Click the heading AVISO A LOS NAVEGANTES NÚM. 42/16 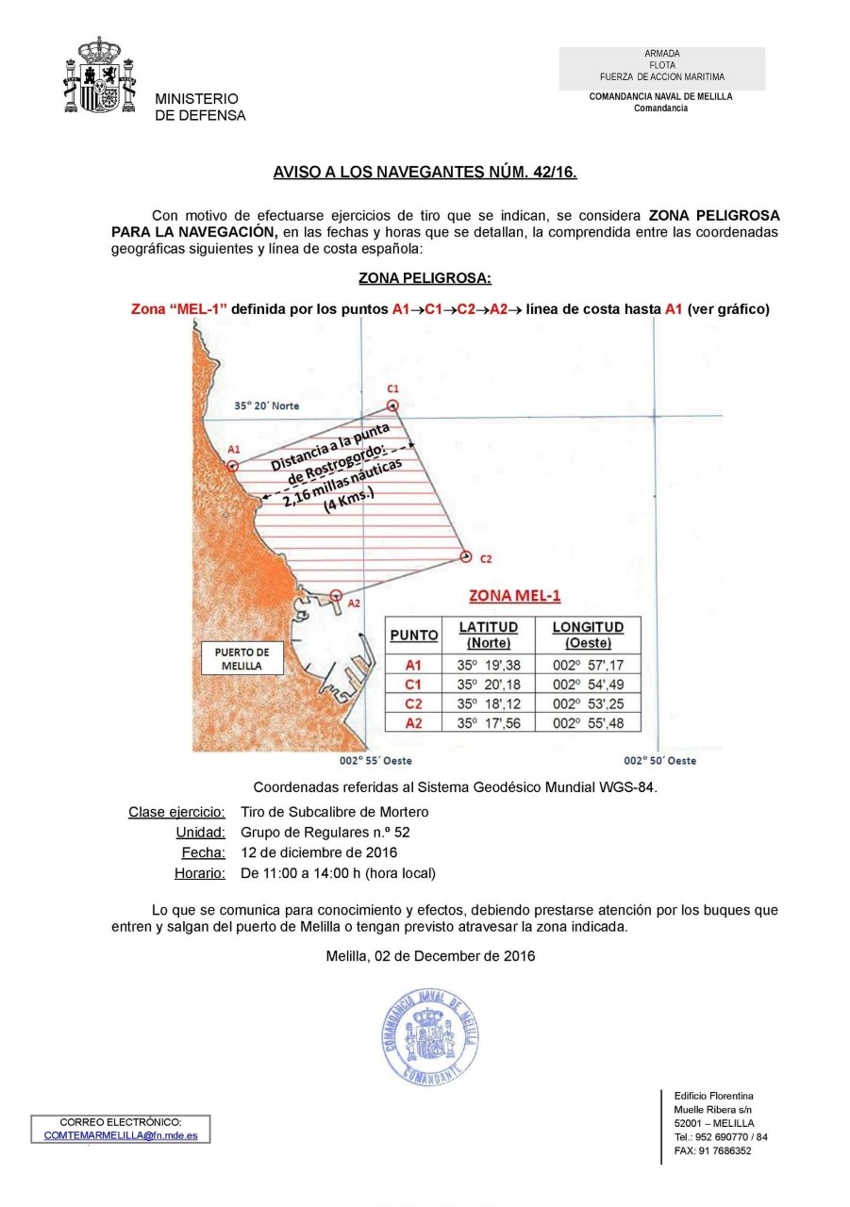(x=425, y=174)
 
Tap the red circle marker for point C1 (x=393, y=406)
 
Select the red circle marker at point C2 (x=466, y=557)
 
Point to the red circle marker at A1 (x=233, y=466)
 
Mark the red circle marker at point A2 (x=335, y=596)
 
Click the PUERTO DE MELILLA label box (x=242, y=658)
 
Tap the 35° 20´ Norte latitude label (x=267, y=406)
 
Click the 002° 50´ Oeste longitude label (x=660, y=760)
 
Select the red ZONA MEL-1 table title (x=515, y=595)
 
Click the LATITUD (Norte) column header (x=488, y=635)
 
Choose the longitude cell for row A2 (x=588, y=723)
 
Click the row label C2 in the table (x=413, y=703)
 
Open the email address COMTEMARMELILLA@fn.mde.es (x=121, y=1136)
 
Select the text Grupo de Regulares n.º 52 (x=325, y=832)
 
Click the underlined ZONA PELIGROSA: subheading (x=425, y=279)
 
